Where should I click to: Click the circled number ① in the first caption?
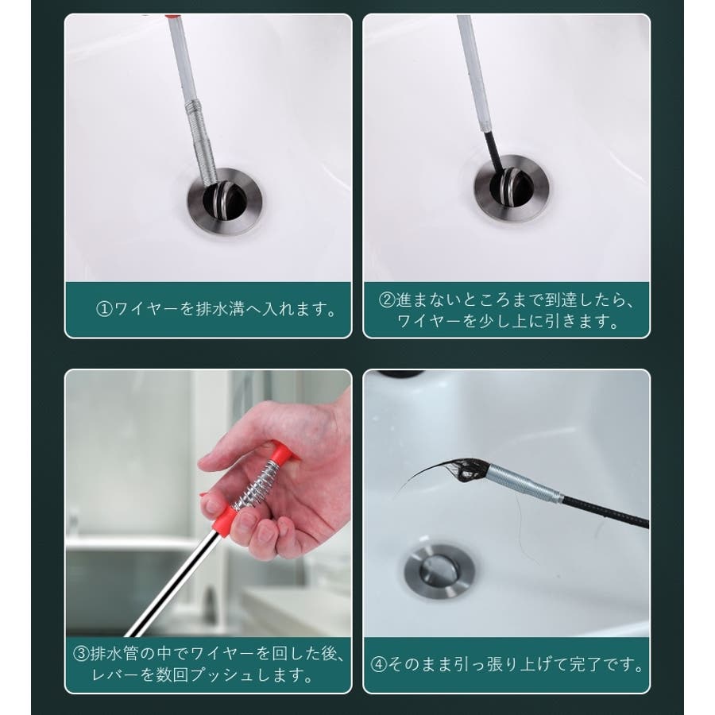click(x=104, y=309)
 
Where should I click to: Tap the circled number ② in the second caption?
click(x=387, y=300)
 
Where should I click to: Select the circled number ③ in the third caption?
click(x=81, y=654)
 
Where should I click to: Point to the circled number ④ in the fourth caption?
click(x=378, y=664)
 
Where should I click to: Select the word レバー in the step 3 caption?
click(x=115, y=674)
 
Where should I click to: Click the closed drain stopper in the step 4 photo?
click(x=439, y=570)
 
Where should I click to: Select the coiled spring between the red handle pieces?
click(x=257, y=485)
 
